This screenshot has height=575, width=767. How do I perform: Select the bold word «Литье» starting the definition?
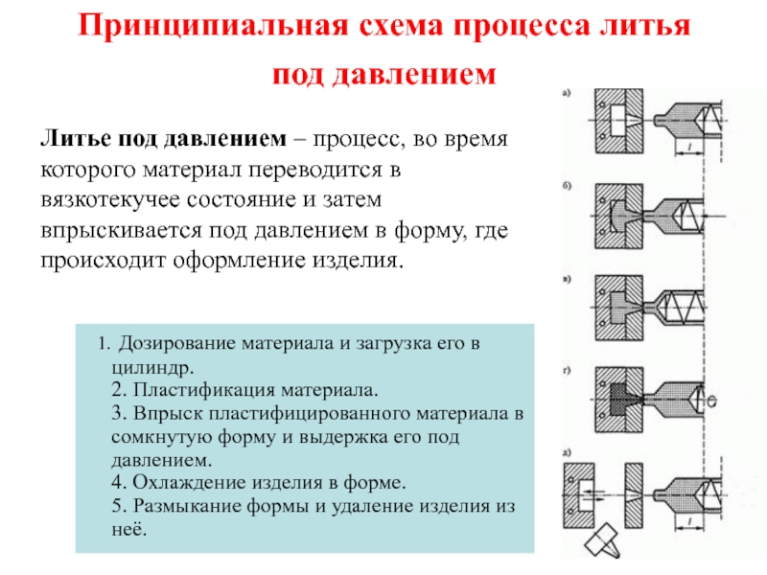click(73, 140)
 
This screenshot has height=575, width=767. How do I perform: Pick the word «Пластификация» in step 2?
click(198, 391)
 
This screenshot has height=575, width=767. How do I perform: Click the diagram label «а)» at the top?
click(568, 93)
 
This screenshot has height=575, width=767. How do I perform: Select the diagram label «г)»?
click(568, 367)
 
